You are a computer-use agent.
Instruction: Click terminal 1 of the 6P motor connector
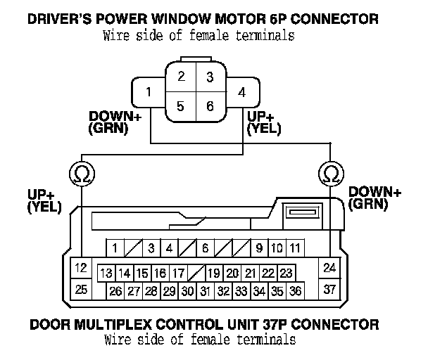148,92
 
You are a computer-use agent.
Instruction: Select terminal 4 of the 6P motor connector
241,92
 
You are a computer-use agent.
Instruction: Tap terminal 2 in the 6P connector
182,76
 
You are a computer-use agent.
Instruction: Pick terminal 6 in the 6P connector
209,107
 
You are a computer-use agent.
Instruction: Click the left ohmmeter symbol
82,172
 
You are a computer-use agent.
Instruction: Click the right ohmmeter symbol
329,172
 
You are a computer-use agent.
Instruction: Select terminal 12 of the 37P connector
81,267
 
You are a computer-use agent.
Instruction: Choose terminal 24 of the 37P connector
329,267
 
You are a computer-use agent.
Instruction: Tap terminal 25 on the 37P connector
81,288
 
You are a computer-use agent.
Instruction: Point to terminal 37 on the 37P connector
329,288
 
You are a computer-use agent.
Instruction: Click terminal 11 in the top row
296,247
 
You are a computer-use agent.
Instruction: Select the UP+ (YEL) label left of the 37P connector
44,200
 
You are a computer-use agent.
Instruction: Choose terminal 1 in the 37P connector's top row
114,247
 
